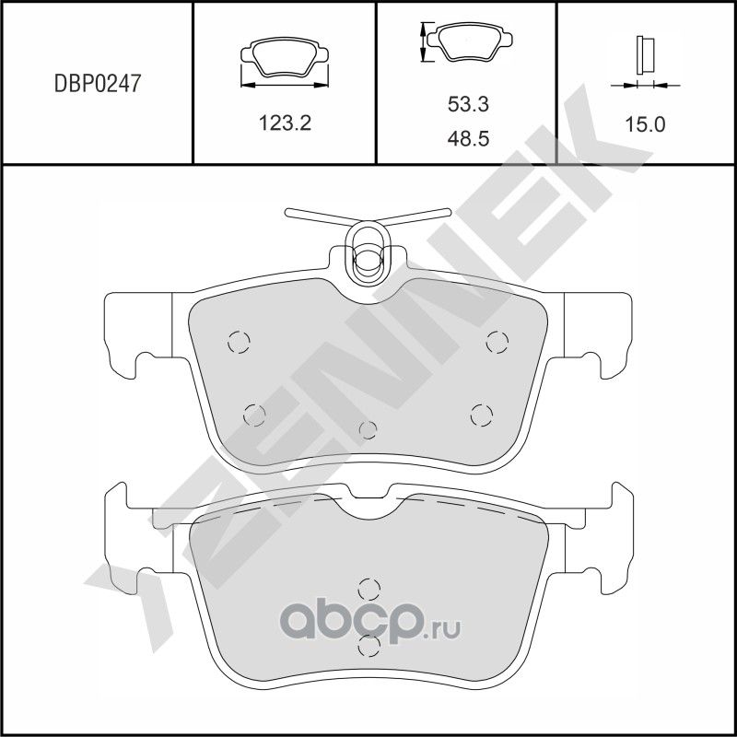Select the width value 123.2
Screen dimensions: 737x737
tap(283, 123)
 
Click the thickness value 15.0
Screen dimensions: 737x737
tap(645, 123)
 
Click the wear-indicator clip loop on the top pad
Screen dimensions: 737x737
tap(366, 252)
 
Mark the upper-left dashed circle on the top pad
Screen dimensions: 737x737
tap(239, 342)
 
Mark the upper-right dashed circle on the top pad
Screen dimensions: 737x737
tap(497, 342)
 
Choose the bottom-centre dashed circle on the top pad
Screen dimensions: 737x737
tap(368, 430)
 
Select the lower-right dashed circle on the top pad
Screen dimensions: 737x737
tap(480, 415)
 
